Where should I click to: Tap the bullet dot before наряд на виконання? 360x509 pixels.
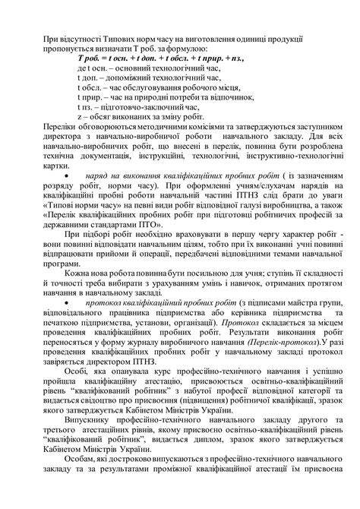coord(67,175)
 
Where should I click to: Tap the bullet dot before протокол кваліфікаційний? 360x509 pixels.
coord(67,302)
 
